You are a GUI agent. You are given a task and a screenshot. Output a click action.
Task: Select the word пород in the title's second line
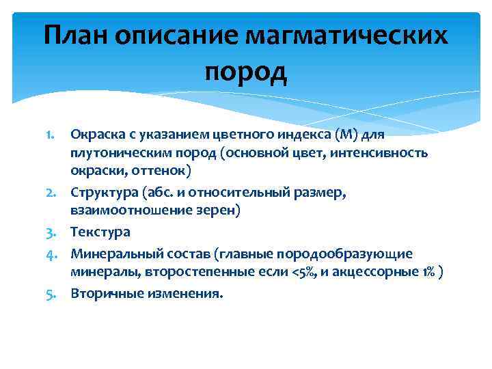pos(246,70)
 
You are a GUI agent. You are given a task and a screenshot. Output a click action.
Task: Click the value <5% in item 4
pos(309,273)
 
